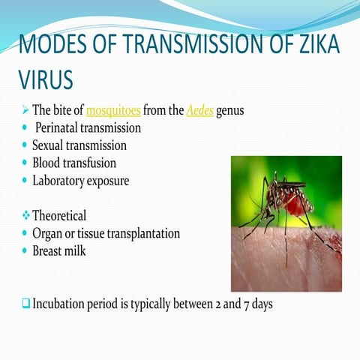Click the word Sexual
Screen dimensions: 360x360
[50, 145]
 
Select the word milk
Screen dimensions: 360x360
[75, 250]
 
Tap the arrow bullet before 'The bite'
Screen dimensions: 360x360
[24, 111]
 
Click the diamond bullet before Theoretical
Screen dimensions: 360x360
[25, 215]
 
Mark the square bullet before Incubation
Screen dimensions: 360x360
[25, 304]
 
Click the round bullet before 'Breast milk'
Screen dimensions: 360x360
[25, 250]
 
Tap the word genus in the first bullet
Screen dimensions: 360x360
[229, 111]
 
